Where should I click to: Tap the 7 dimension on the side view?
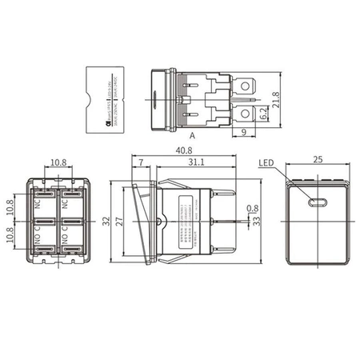(x=142, y=162)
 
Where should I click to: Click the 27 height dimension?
(x=117, y=222)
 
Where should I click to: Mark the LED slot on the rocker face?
(x=318, y=202)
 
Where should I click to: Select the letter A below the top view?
(x=192, y=137)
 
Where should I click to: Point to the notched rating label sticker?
(x=110, y=100)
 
